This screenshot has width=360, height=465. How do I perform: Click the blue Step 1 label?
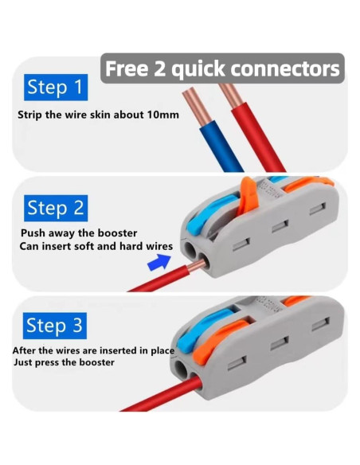(x=56, y=88)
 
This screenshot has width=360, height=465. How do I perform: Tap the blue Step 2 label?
(x=56, y=208)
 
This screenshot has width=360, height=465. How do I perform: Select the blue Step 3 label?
(x=55, y=326)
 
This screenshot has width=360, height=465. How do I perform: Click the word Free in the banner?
(x=127, y=68)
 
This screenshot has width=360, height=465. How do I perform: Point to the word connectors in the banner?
(x=284, y=69)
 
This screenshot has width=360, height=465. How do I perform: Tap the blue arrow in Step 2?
(x=159, y=262)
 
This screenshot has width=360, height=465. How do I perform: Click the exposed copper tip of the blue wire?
(x=197, y=107)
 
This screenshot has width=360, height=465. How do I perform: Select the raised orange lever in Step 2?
(x=247, y=196)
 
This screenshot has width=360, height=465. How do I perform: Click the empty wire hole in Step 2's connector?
(x=190, y=249)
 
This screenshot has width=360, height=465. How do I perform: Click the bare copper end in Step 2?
(x=196, y=265)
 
